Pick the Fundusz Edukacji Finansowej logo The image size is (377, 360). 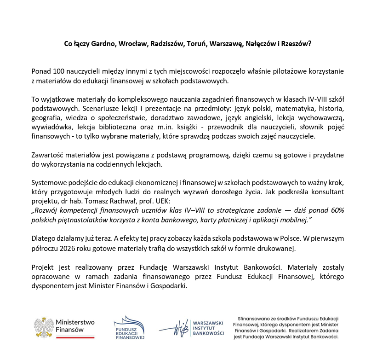coord(129,327)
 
